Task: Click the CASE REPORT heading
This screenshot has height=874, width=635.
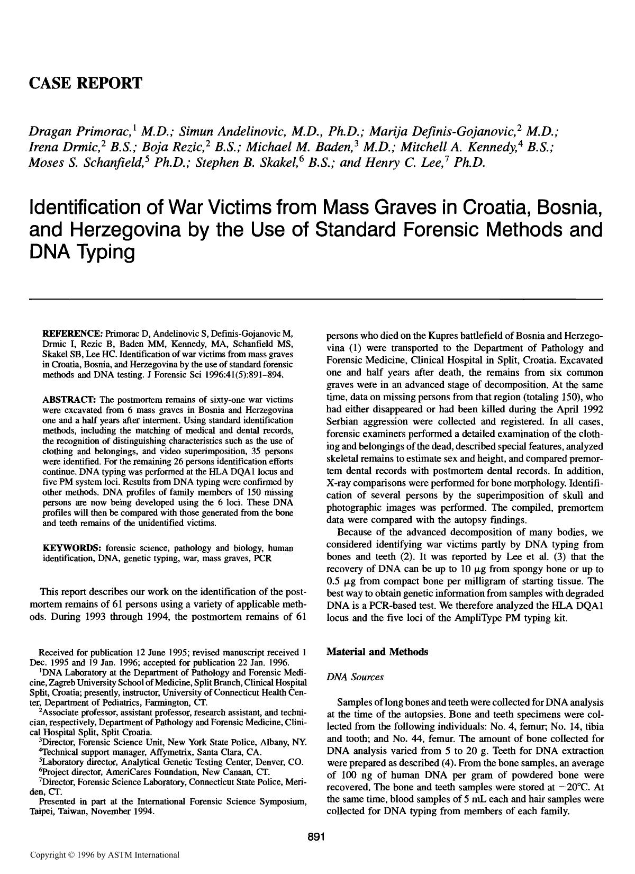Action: point(85,83)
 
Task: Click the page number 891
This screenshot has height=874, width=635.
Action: point(315,837)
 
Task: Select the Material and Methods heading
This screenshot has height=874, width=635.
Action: point(377,652)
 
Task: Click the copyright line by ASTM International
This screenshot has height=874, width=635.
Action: point(105,854)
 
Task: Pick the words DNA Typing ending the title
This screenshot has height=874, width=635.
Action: point(82,254)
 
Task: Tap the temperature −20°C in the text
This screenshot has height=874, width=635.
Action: point(574,787)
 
